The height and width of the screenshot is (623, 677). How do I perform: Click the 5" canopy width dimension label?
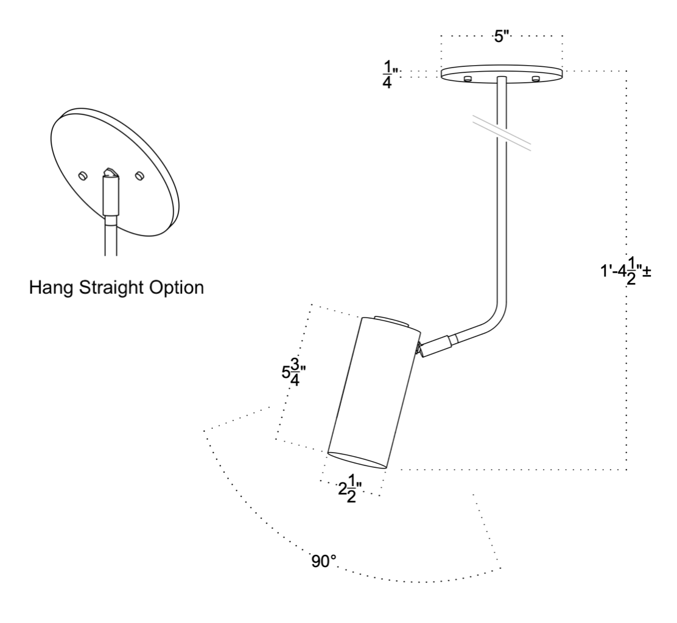(x=501, y=37)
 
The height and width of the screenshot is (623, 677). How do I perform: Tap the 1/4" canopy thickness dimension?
(x=388, y=74)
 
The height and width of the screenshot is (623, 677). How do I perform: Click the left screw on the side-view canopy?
(x=468, y=79)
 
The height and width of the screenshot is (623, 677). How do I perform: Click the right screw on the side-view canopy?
(x=536, y=79)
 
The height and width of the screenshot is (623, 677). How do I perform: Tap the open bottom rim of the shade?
(x=357, y=460)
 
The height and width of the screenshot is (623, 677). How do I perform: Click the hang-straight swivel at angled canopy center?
(x=110, y=177)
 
